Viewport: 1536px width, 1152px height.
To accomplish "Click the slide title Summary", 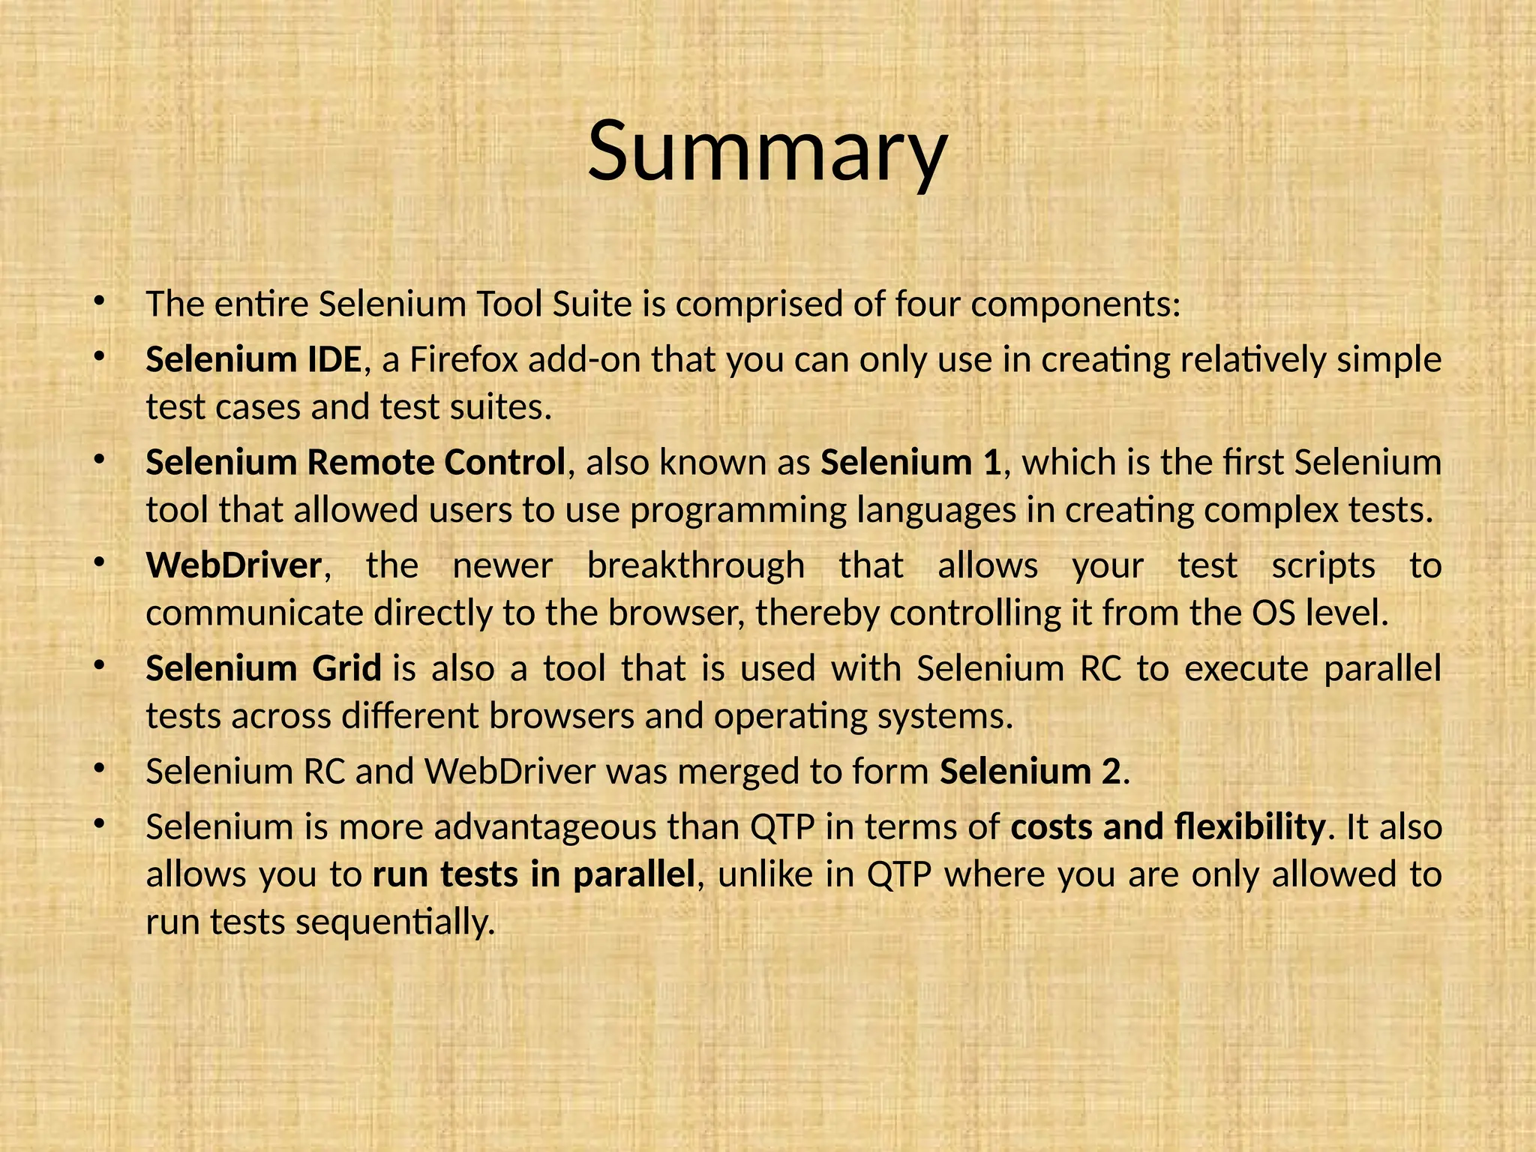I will point(767,152).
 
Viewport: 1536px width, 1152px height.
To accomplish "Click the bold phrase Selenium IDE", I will point(253,360).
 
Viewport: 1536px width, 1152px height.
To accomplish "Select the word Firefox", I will point(463,360).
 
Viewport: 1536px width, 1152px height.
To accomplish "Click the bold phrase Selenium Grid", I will point(263,668).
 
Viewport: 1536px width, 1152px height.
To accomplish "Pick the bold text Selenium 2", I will point(1030,772).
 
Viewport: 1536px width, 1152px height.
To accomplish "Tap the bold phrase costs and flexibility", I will point(1168,827).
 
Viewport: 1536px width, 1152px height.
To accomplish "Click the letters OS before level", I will point(1273,613).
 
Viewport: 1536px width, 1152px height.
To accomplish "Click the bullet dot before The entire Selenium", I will point(97,302).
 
